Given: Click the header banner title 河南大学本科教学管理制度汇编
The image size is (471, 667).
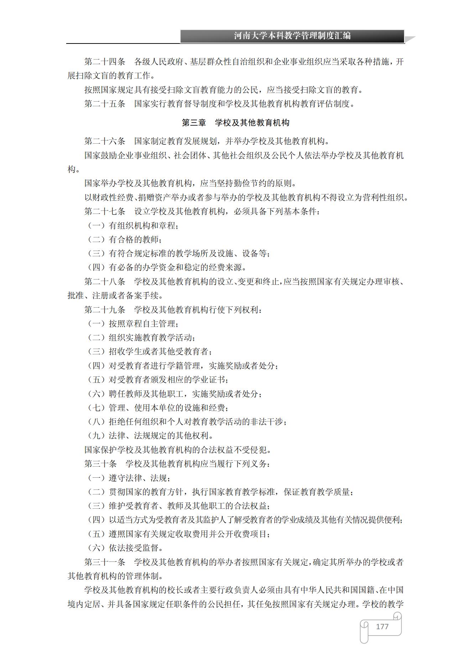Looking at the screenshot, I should click(x=292, y=36).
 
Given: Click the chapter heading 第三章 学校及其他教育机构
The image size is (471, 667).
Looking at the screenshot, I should click(x=235, y=123).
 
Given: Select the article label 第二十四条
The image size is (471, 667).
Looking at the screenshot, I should click(x=105, y=62).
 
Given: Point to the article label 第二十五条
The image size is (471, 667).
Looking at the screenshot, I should click(x=105, y=104).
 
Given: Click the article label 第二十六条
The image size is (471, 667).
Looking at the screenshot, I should click(x=105, y=142).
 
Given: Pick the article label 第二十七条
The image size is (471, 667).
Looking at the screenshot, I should click(x=105, y=212).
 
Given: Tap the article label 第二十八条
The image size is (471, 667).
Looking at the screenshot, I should click(x=105, y=282).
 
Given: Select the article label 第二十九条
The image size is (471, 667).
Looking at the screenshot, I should click(x=105, y=310).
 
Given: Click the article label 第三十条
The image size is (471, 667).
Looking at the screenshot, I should click(x=100, y=464).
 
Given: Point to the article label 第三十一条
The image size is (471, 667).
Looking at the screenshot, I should click(x=105, y=562).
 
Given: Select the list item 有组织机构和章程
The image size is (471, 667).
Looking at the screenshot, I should click(x=143, y=226).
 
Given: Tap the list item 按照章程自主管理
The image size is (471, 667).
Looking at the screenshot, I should click(x=143, y=324).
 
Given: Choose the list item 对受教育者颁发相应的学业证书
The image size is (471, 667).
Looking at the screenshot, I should click(x=168, y=380).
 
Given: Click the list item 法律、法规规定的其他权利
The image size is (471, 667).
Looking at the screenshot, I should click(x=161, y=436).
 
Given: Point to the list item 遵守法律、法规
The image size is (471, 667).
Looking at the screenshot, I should click(x=139, y=478).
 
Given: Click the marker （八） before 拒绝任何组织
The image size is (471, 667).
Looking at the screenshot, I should click(x=96, y=422).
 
